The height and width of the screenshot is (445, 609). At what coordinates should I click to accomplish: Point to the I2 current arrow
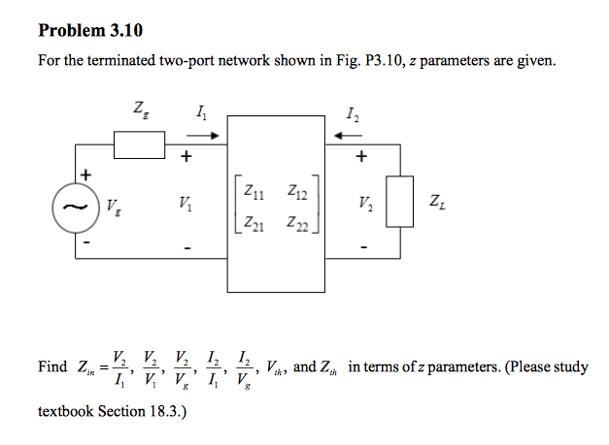348,136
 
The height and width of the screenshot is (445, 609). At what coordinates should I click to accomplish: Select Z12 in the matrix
297,193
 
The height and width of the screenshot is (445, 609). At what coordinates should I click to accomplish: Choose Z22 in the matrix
297,224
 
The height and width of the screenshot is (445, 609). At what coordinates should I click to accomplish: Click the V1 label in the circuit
184,205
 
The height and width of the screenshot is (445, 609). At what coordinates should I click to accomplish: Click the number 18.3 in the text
163,412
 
